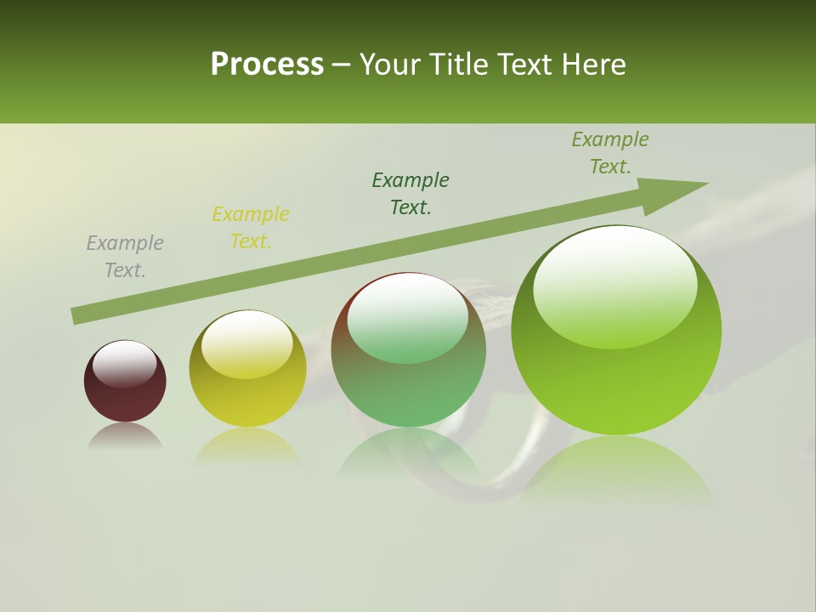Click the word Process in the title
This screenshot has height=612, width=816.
267,65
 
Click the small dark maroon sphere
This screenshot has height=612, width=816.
125,382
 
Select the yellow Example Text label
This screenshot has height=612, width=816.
251,228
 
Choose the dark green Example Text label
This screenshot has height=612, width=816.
411,194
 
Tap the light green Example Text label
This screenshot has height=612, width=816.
610,153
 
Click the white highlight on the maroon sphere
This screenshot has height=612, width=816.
124,363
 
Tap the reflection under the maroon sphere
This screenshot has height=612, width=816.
125,436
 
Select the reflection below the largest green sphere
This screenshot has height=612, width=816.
616,467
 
